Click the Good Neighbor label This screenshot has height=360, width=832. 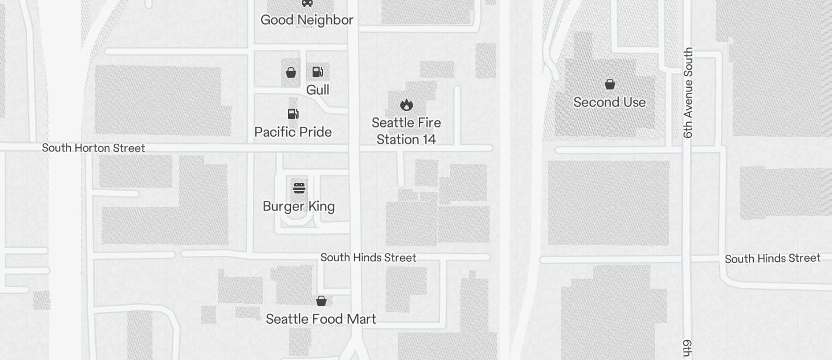pos(307,20)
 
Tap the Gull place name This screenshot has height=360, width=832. pos(318,90)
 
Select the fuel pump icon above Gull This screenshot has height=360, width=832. pos(318,72)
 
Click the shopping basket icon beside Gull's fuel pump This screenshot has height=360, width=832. pos(291,72)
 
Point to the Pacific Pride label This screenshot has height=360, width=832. pos(293,132)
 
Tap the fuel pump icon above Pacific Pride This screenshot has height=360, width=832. pos(293,113)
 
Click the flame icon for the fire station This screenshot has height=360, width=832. pos(407,105)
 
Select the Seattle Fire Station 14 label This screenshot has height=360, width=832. pos(406,131)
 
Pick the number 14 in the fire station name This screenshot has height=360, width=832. pos(427,140)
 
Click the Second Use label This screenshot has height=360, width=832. pos(609,102)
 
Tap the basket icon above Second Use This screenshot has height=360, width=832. pos(610,84)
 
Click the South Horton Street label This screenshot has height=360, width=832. pos(93,148)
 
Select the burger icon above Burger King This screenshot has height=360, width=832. pos(299,188)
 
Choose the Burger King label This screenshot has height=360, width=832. pos(299,206)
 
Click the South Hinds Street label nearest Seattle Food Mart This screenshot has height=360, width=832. pos(368,258)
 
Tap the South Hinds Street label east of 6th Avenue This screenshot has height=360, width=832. pos(772,258)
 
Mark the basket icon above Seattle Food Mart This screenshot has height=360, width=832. pos(321,301)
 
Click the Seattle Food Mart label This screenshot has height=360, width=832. pos(321,319)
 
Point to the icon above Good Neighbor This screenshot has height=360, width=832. pos(307,3)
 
